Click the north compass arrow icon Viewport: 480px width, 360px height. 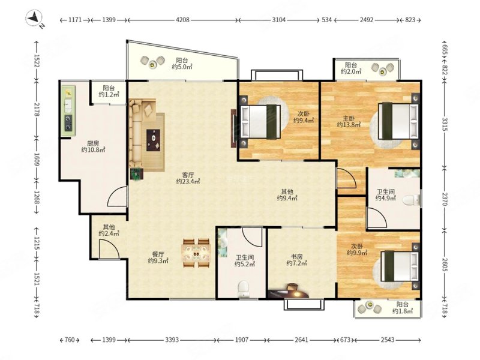34,18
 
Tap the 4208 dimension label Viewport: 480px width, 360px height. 182,20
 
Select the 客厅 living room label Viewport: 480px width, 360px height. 188,175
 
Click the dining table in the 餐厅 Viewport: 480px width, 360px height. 196,253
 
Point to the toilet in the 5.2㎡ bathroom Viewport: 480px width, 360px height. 244,289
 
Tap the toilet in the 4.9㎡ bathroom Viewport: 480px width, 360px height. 411,200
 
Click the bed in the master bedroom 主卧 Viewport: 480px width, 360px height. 398,121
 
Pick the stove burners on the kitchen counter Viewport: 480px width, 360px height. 68,122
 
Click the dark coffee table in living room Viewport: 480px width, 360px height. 153,140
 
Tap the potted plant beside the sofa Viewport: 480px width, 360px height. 136,174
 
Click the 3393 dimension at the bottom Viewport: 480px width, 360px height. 172,340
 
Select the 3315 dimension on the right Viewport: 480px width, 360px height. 445,124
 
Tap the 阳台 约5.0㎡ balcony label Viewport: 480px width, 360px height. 182,64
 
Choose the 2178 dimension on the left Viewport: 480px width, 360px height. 37,110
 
